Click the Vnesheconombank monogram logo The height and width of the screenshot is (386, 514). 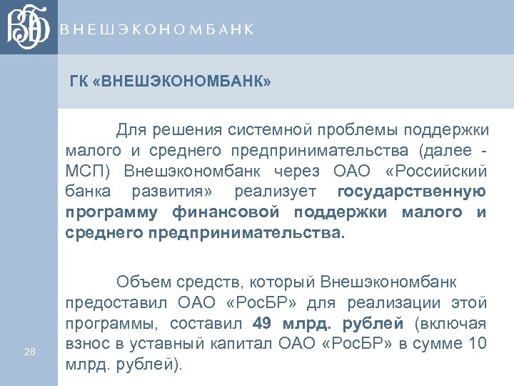pos(29,27)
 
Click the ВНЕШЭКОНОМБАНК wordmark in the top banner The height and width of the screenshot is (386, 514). pos(156,29)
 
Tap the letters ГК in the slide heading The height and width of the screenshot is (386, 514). pos(79,81)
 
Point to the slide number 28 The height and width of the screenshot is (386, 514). pos(29,351)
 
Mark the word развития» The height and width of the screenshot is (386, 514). pos(167,192)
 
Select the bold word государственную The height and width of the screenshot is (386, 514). pos(411,192)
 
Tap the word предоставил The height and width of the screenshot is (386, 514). pos(114,303)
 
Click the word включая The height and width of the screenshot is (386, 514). pos(458,323)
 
